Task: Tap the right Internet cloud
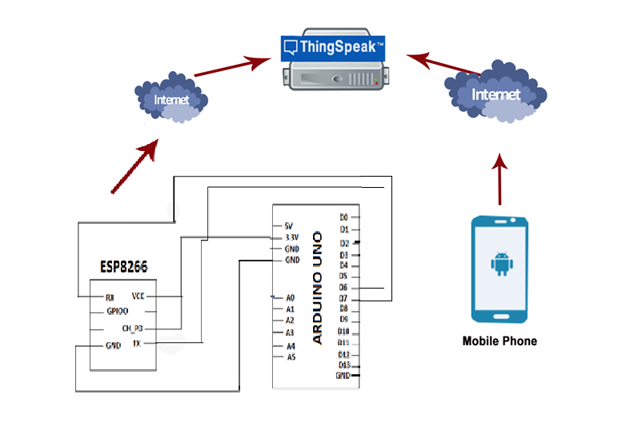[496, 94]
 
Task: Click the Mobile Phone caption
[500, 341]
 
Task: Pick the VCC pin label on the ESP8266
[138, 296]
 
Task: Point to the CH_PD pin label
[132, 329]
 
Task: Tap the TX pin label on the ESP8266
[137, 344]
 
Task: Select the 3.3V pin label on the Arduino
[292, 237]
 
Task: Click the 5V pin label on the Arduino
[289, 226]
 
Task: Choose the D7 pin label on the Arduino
[343, 298]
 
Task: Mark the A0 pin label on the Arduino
[291, 297]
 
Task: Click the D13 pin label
[344, 364]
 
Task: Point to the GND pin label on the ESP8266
[114, 347]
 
